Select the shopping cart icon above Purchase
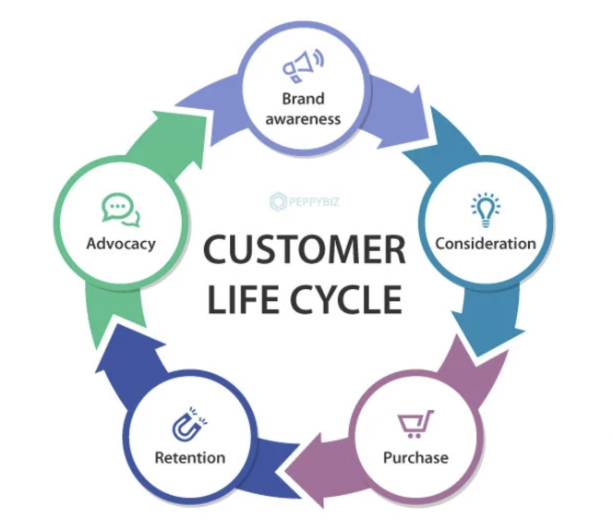(412, 425)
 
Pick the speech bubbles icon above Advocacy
(120, 211)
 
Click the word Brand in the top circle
(303, 98)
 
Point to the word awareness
(303, 118)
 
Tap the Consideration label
(485, 244)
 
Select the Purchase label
(415, 457)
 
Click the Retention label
(189, 457)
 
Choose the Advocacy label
(120, 245)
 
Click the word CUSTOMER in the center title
(304, 250)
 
